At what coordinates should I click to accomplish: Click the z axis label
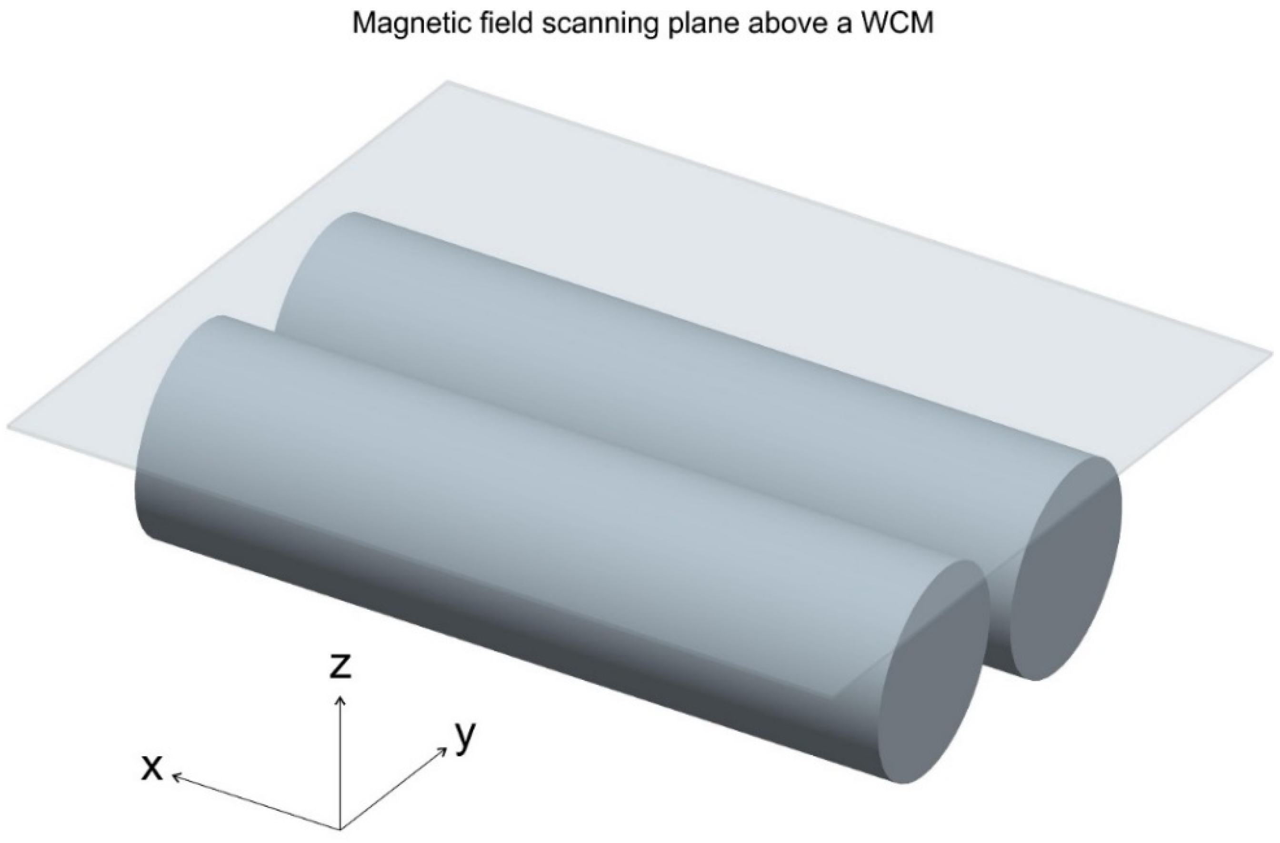tap(340, 667)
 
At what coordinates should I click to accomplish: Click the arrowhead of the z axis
tap(340, 699)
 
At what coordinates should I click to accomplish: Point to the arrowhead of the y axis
tap(444, 749)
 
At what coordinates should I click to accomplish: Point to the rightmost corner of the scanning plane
tap(1272, 354)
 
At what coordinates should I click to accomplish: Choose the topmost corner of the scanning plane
tap(448, 82)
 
